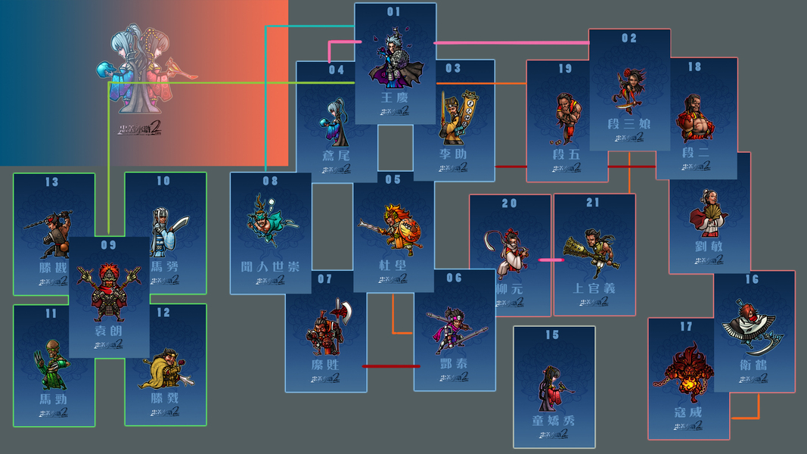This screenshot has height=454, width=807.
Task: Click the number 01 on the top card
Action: (394, 12)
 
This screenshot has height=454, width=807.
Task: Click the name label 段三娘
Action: (629, 123)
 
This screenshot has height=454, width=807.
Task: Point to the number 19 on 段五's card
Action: (566, 69)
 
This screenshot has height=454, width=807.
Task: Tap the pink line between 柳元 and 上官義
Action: (551, 260)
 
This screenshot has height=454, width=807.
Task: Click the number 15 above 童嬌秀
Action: (553, 335)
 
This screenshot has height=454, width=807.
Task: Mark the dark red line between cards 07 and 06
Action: (391, 366)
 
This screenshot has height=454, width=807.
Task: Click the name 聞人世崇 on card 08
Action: (271, 267)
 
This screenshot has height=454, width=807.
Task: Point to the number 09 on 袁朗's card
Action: (109, 245)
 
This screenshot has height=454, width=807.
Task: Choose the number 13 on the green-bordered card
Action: (52, 182)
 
